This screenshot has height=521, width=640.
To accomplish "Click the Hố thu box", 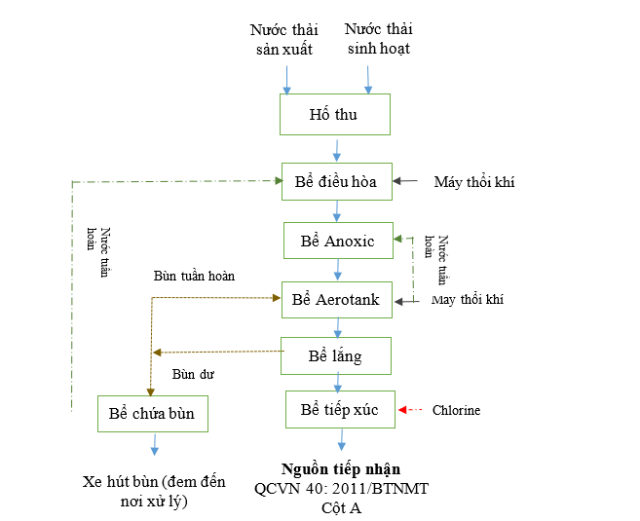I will pyautogui.click(x=334, y=114).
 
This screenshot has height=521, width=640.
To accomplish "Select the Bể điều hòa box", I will pyautogui.click(x=335, y=180).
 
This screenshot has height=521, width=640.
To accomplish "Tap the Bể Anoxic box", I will pyautogui.click(x=336, y=241).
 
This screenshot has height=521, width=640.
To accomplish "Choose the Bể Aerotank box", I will pyautogui.click(x=335, y=299).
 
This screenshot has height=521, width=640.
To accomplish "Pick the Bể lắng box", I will pyautogui.click(x=335, y=355).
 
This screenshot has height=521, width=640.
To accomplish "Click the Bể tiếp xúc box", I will pyautogui.click(x=339, y=409).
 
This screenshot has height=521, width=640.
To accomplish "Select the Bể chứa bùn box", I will pyautogui.click(x=152, y=414).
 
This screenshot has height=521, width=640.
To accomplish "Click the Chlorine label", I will pyautogui.click(x=456, y=410).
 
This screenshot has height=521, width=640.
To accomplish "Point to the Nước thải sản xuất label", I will pyautogui.click(x=283, y=39).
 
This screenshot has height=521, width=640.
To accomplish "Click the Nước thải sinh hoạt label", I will pyautogui.click(x=378, y=39).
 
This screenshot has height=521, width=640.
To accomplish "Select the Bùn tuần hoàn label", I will pyautogui.click(x=194, y=276).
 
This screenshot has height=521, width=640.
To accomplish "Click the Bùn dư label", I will pyautogui.click(x=193, y=373).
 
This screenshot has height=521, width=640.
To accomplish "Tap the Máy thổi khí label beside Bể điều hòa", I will pyautogui.click(x=474, y=181).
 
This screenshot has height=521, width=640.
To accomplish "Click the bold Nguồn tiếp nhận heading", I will pyautogui.click(x=341, y=468).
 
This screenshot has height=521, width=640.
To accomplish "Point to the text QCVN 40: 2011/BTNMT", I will pyautogui.click(x=341, y=488).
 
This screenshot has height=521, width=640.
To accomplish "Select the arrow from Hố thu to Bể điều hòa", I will pyautogui.click(x=337, y=150).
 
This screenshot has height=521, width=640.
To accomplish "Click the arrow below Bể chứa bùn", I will pyautogui.click(x=154, y=445).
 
